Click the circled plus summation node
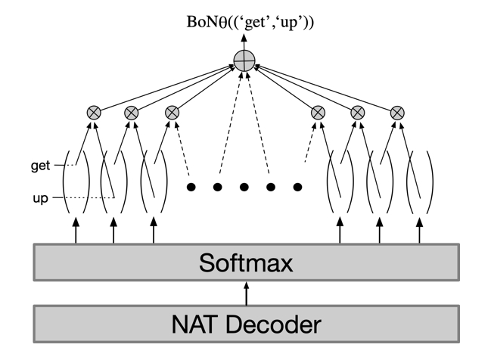244,61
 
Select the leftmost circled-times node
94,113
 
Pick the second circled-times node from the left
132,113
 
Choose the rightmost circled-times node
396,113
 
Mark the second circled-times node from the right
358,113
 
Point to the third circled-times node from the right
319,113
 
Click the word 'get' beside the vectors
41,166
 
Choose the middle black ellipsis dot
244,186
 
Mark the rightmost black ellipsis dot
298,186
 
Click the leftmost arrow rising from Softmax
76,229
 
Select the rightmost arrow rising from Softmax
419,229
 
